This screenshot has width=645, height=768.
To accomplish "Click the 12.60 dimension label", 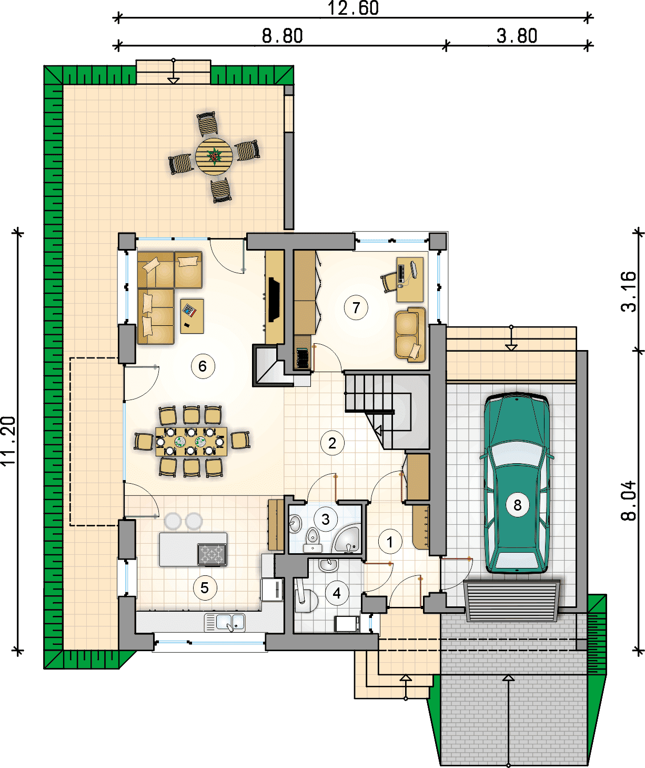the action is tap(353, 8).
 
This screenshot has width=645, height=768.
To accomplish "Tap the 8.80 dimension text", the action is tap(282, 36).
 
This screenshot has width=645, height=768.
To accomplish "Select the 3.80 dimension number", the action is tap(517, 36).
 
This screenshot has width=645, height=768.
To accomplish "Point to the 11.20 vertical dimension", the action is tap(8, 441).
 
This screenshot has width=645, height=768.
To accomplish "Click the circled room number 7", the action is tap(356, 307).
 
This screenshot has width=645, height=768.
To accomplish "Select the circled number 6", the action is tap(203, 366).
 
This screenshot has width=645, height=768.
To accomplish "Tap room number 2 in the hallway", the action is tap(332, 443).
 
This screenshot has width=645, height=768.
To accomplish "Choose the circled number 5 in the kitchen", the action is tap(205, 588).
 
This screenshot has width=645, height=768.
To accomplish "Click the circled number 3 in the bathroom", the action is tap(326, 520).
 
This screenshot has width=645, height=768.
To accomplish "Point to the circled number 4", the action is tap(337, 593).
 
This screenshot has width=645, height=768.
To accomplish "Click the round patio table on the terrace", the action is tap(214, 157).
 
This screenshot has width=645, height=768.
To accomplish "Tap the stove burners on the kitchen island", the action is tap(212, 554).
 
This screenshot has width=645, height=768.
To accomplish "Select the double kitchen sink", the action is tap(225, 622).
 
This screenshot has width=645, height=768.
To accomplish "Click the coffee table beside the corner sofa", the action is tap(192, 316).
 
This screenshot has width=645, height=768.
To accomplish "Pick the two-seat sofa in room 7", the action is tap(410, 335).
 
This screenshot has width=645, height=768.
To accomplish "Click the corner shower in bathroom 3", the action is tap(346, 540).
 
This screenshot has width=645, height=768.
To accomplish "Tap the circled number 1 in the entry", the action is tap(390, 541).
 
